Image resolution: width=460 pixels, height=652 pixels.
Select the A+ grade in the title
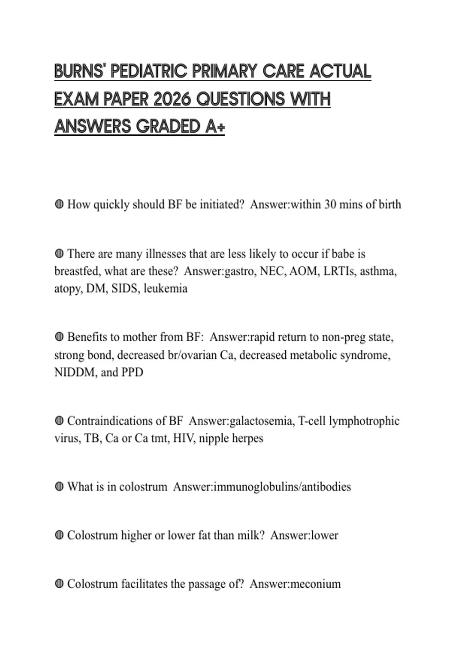215,127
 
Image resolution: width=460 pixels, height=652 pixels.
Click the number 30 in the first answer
330,204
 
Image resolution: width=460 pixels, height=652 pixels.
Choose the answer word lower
324,535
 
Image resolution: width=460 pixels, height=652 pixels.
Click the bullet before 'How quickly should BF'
59,204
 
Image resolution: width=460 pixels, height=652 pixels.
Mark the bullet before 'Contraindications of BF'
59,421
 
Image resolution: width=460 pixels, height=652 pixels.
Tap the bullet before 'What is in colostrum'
59,487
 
